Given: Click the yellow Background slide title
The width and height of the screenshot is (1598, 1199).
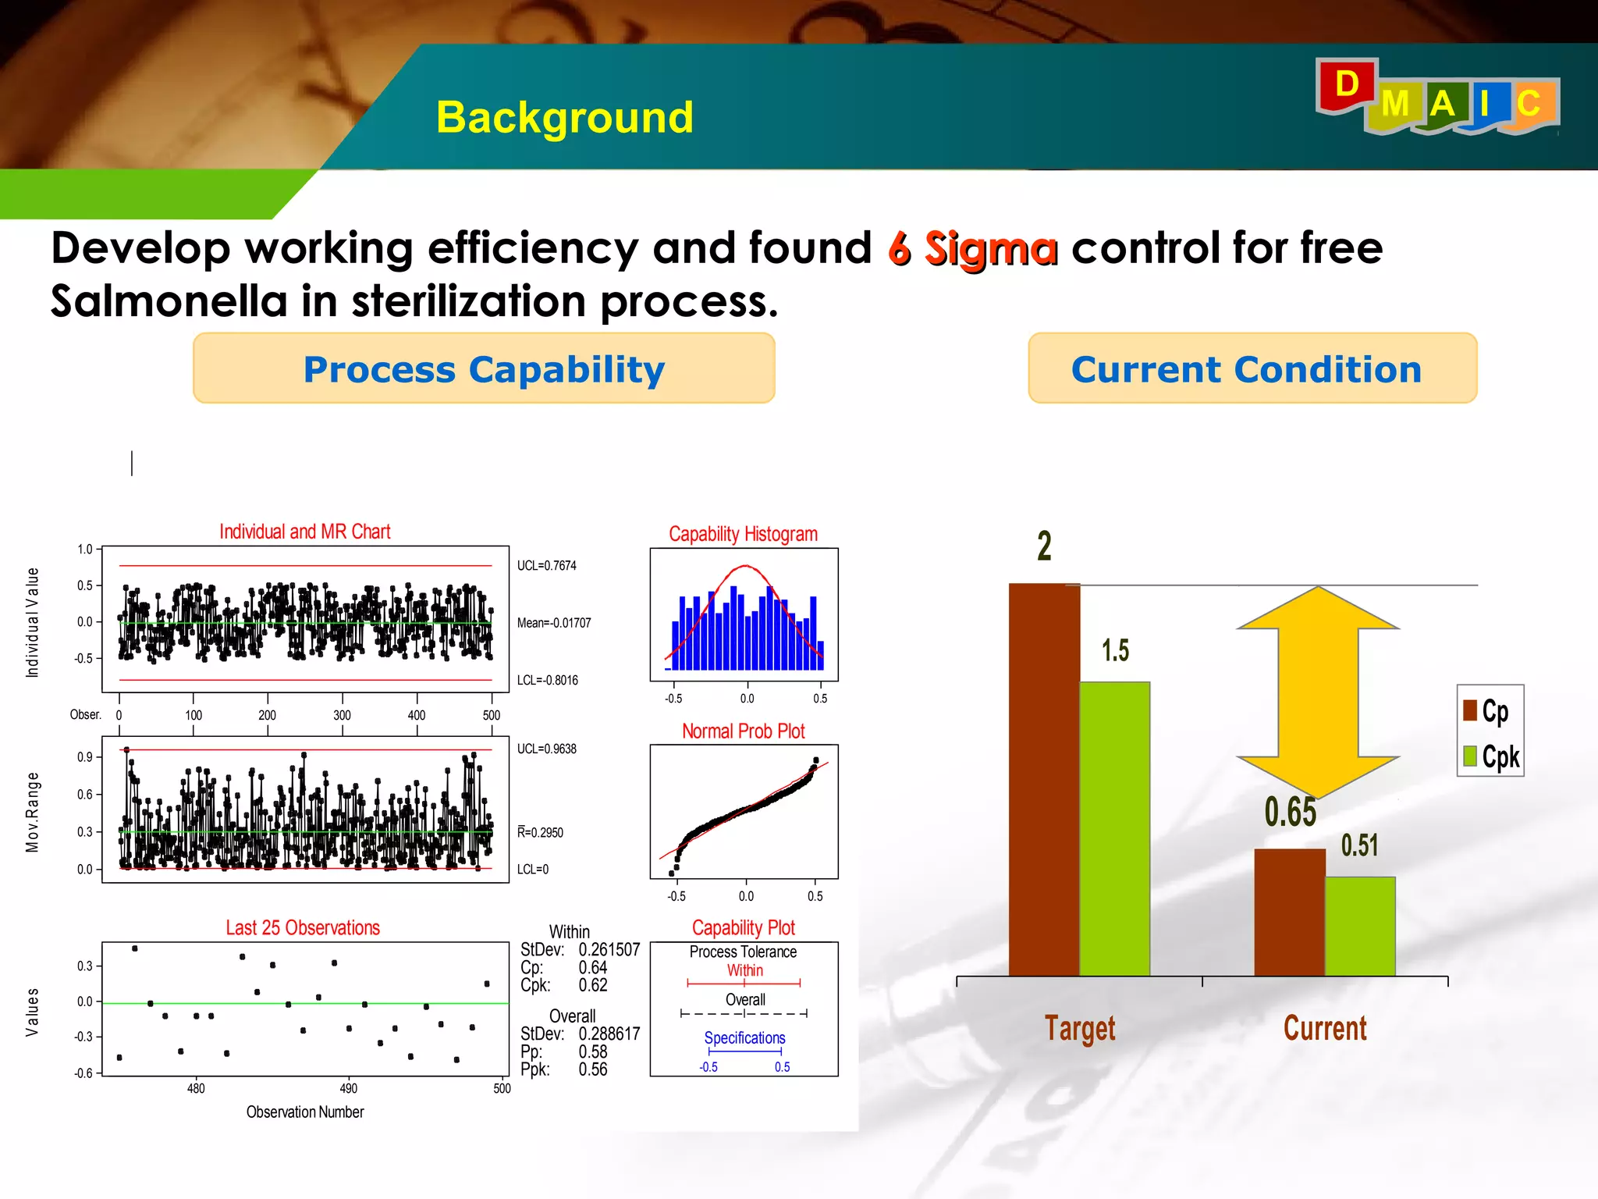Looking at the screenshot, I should [564, 118].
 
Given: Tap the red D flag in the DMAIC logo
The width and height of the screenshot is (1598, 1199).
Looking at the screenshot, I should [1346, 84].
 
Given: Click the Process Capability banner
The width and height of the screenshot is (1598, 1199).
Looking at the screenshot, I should [484, 368].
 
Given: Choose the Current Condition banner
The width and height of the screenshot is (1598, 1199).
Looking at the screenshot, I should [1252, 368].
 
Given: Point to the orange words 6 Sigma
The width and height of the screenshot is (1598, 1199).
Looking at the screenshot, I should [973, 249].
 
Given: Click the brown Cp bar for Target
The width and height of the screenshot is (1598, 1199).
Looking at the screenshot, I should [1044, 781].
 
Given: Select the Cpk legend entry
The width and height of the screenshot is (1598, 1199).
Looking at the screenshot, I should [1492, 756].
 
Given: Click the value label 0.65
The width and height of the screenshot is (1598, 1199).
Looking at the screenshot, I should [1290, 813].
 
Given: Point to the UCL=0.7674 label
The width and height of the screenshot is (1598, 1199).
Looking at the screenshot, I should [546, 566].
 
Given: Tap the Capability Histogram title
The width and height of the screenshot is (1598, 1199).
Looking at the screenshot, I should [743, 535].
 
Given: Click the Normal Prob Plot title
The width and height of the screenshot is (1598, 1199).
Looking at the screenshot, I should [743, 731].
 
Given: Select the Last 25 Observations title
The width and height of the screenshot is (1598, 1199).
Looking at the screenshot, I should [303, 928].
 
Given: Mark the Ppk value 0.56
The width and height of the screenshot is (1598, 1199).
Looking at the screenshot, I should [593, 1069].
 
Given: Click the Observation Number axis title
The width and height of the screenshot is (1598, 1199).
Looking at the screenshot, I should [305, 1112].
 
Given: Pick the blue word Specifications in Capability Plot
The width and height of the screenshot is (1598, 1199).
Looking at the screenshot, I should [744, 1038].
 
